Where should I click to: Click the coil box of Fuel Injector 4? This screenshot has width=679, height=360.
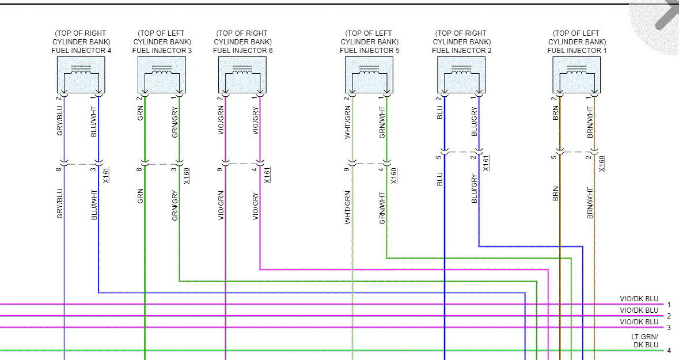81,75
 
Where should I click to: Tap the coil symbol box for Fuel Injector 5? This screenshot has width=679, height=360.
369,75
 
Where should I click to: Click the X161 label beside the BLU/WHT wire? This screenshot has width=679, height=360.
106,175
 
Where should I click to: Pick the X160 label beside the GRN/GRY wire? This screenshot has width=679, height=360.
187,175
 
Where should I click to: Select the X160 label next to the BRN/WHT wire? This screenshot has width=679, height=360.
602,164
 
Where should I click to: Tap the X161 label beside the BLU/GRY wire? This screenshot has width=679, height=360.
486,164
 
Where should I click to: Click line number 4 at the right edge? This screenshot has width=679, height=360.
669,350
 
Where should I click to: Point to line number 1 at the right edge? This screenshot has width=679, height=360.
669,304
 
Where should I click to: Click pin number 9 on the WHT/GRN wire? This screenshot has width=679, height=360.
346,170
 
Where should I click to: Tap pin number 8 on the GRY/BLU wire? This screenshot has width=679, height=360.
58,170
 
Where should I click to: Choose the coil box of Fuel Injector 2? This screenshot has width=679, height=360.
461,75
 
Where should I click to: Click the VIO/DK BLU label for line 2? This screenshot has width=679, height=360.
639,310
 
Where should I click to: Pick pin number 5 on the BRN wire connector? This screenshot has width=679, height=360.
553,157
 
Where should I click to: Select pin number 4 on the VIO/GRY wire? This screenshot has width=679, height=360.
254,170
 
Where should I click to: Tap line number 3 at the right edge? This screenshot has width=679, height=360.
669,327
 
